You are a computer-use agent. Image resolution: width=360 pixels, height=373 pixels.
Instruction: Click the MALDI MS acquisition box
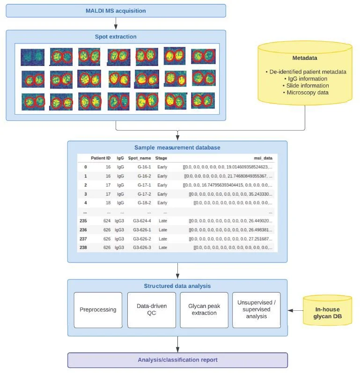click(116, 11)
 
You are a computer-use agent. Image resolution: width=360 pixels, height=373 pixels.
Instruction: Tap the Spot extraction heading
click(116, 37)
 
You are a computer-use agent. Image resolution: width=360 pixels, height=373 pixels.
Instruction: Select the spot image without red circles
click(33, 57)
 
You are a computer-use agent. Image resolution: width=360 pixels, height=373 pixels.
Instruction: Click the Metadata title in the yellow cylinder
click(305, 58)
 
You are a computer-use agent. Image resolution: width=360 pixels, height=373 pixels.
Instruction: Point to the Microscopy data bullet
click(306, 93)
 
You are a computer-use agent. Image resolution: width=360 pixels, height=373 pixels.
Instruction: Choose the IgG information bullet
click(306, 79)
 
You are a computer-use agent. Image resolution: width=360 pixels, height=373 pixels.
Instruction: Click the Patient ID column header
click(101, 158)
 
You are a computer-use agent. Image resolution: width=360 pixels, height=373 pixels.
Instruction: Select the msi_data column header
click(263, 158)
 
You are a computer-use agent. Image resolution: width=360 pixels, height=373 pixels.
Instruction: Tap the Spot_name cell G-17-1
click(144, 185)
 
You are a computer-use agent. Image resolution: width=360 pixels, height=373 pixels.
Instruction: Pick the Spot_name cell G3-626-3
click(142, 248)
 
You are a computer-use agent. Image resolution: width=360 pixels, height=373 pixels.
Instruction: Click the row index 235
click(83, 221)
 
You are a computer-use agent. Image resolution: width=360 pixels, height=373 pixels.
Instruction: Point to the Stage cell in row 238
click(163, 248)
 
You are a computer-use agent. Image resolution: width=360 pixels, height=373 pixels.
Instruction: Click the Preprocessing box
click(98, 310)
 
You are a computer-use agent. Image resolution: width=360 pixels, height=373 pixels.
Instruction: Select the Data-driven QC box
click(152, 310)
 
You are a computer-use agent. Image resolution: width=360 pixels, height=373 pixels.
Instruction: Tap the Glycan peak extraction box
click(204, 310)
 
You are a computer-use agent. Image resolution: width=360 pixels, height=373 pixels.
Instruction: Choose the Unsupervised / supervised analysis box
click(257, 310)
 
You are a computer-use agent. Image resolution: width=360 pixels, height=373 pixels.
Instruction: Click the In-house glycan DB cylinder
click(327, 310)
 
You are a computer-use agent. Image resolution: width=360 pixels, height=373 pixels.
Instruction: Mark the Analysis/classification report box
click(178, 360)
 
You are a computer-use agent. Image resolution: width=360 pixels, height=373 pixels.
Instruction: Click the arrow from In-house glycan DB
click(295, 310)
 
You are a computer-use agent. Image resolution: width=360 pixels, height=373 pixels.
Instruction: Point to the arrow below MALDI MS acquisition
click(116, 23)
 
